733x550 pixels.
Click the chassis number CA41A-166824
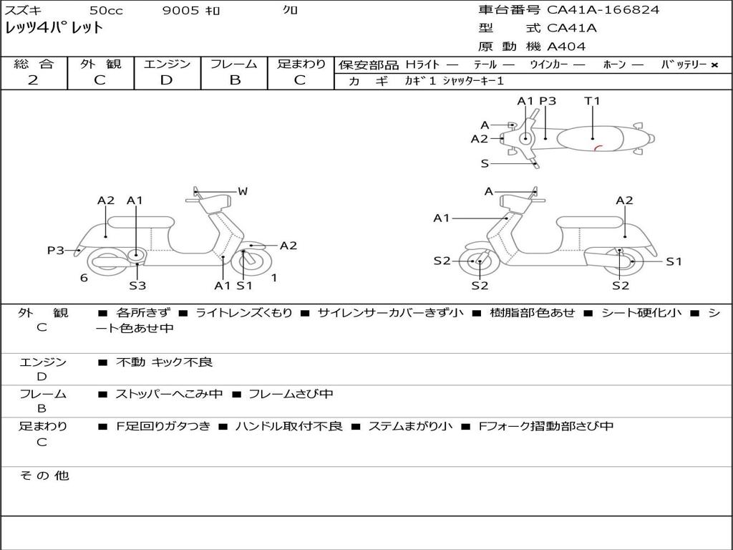coord(603,10)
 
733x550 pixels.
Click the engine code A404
coord(566,47)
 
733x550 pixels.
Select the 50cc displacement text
coord(105,10)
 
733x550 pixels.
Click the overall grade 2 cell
coord(33,80)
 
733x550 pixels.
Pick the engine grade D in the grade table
coord(166,80)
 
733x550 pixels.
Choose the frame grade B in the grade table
coord(234,80)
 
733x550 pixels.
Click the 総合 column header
coord(34,64)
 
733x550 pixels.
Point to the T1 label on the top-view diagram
coord(592,101)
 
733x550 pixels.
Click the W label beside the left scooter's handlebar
coord(243,191)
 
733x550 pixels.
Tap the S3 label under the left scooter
coord(137,286)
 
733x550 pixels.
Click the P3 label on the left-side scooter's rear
coord(55,250)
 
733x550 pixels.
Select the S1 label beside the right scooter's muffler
coord(674,261)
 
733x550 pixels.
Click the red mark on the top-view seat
coord(597,148)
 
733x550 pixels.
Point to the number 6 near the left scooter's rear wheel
coord(84,278)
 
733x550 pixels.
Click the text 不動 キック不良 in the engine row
coord(164,362)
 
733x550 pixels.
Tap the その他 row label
coord(44,476)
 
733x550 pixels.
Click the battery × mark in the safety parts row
coord(714,64)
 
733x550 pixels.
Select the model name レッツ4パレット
coord(54,28)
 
